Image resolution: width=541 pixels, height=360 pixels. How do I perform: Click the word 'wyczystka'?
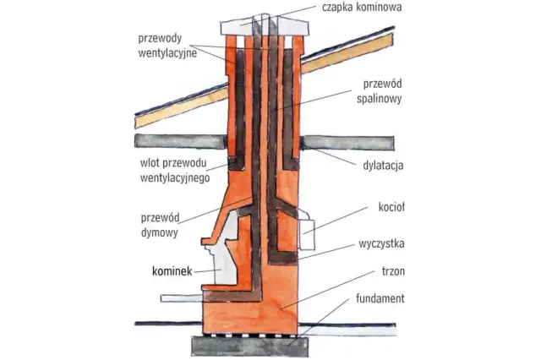(x=380, y=244)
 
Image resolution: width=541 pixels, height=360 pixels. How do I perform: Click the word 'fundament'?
(x=380, y=299)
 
